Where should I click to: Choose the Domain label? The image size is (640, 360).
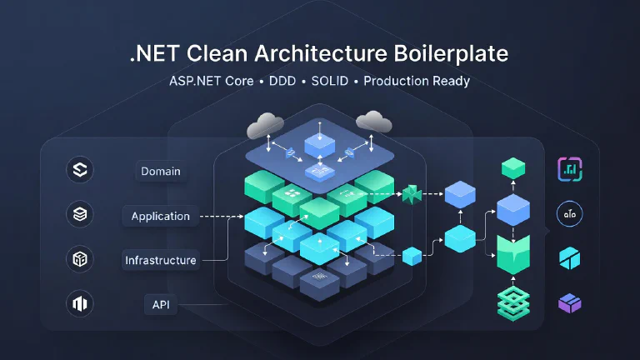(x=161, y=172)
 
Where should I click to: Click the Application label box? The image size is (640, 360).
(x=161, y=216)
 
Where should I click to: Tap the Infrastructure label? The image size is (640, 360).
(x=161, y=260)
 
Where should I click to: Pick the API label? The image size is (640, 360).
(x=161, y=304)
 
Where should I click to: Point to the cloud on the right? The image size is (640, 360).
(x=374, y=122)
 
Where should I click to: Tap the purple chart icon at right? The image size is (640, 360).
(x=569, y=170)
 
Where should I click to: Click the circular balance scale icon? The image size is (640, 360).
(x=569, y=214)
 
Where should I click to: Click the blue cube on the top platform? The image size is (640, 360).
(x=319, y=145)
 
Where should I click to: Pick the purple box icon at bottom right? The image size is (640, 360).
(x=569, y=303)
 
